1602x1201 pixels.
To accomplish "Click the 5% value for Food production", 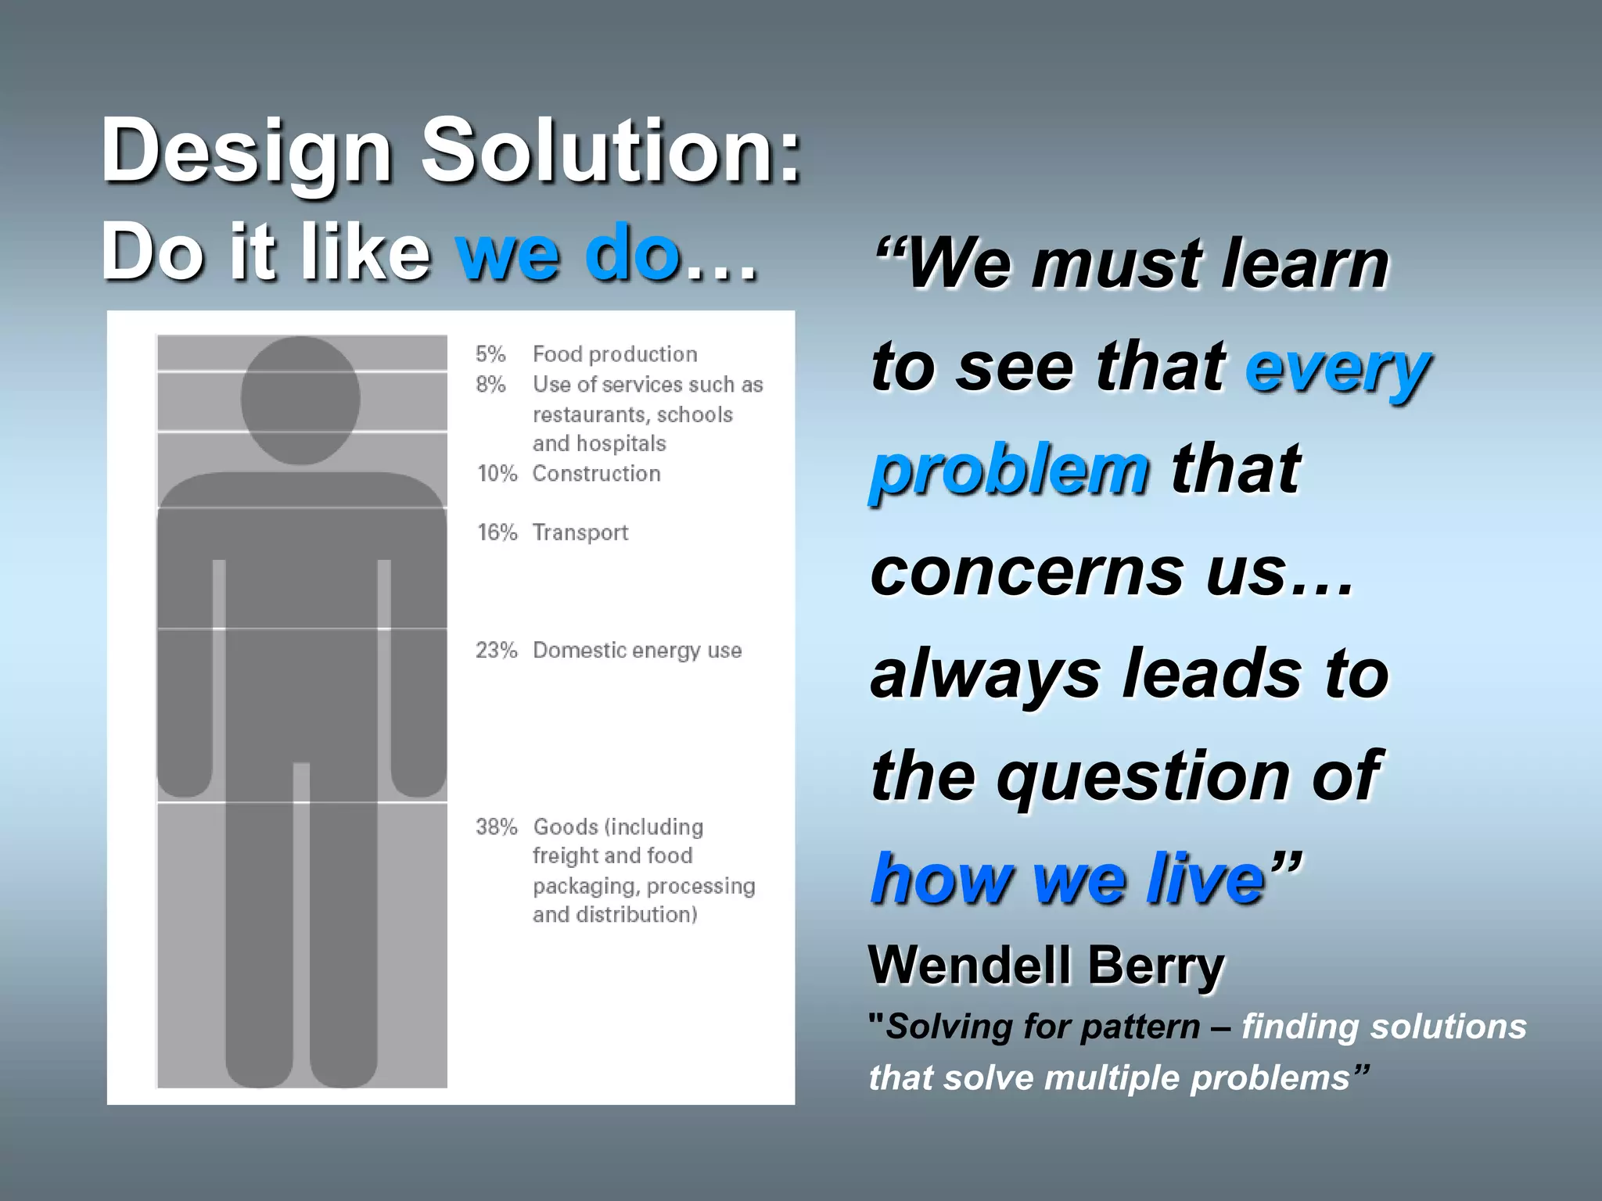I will click(490, 354).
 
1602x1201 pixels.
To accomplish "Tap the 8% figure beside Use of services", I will click(490, 385).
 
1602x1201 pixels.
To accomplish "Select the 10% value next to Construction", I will click(497, 474).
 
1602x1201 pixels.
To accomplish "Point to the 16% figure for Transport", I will click(497, 532).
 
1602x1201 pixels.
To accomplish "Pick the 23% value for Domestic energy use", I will click(497, 651).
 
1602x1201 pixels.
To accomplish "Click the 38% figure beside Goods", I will click(497, 826).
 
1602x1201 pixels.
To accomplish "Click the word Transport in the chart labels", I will click(580, 532).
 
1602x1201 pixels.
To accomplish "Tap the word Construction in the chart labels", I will click(596, 474).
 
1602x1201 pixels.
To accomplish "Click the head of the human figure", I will click(300, 400).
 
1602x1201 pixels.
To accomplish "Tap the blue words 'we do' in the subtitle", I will click(568, 253).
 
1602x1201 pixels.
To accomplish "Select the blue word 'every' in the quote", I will click(1338, 367).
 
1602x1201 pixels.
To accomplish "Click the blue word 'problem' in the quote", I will click(1009, 470).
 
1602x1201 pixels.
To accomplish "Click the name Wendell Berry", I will click(1046, 965).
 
